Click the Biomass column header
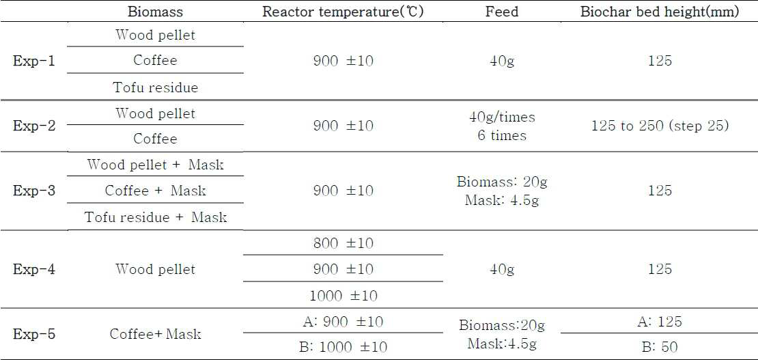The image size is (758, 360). (x=156, y=12)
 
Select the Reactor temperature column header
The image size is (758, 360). (x=343, y=12)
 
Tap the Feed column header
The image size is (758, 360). (x=502, y=12)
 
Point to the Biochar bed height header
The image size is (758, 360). (x=660, y=12)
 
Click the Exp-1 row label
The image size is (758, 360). (x=34, y=62)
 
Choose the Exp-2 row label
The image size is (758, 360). (x=34, y=126)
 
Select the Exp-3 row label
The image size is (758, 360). (x=34, y=190)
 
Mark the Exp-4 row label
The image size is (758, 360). (x=34, y=269)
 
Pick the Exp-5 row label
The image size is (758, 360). (x=34, y=334)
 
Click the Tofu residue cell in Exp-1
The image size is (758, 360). (x=156, y=87)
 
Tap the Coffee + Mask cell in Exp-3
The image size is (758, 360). (x=156, y=190)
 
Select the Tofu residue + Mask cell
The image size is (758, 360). (x=156, y=217)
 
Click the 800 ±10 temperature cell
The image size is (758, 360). (x=343, y=243)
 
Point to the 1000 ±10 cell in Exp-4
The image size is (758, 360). (x=343, y=295)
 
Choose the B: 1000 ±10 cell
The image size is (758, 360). (x=343, y=347)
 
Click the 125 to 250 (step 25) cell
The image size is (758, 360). (x=660, y=126)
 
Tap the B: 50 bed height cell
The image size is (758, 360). (x=660, y=347)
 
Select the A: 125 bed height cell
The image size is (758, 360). (x=660, y=322)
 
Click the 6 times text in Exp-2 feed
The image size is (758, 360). (x=502, y=135)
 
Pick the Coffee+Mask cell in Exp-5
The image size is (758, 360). (x=156, y=334)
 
